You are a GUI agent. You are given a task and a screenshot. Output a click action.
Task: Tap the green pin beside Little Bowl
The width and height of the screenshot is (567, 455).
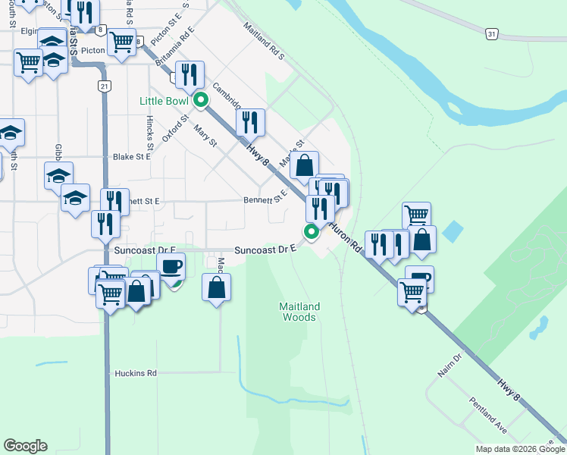coord(201,100)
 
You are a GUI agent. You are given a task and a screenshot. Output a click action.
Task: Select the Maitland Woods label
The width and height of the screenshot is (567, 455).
coord(299,312)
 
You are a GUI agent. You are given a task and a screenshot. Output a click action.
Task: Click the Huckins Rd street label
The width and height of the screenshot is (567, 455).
coord(136,373)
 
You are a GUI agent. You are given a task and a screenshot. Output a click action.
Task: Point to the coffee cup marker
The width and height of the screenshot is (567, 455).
coord(171,267)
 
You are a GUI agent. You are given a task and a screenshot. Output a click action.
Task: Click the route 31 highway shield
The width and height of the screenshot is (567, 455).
coord(492,34)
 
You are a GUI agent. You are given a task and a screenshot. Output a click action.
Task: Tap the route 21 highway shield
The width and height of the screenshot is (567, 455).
coord(104,86)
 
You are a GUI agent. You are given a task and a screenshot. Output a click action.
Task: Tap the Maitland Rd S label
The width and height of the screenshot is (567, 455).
coord(263,41)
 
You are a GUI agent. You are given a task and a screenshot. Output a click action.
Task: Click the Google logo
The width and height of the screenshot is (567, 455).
coord(25,446)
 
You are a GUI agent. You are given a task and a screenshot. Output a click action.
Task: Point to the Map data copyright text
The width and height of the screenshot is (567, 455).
coord(519,448)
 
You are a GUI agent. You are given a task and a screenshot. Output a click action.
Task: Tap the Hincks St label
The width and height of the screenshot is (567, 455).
coord(150,132)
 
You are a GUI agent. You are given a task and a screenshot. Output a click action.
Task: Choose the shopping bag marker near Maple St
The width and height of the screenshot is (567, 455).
coord(304,165)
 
